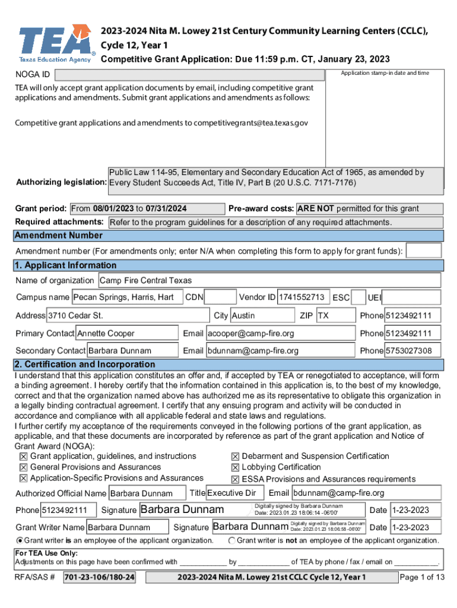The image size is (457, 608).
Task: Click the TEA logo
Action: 55,43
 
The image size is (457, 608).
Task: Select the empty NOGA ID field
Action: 190,75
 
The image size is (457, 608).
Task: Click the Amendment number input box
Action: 423,251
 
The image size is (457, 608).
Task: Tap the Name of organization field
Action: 269,280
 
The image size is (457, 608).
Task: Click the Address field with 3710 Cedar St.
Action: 128,315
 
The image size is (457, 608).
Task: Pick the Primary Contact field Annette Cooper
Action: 127,333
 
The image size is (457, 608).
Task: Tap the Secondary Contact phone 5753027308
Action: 412,350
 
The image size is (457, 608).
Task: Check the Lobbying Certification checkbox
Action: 236,468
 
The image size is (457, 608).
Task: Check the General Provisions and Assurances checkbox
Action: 24,468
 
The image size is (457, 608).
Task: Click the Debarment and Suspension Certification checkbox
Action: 236,457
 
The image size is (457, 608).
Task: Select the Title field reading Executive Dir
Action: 233,493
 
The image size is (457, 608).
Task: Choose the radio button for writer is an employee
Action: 20,540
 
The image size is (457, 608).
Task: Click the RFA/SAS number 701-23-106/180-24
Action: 99,578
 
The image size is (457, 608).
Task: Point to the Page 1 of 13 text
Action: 422,578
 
